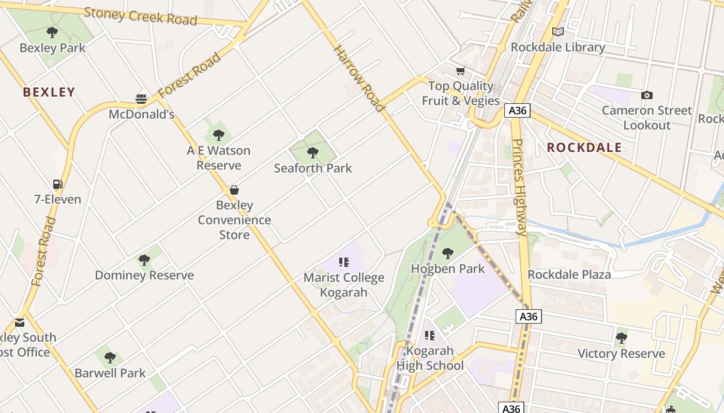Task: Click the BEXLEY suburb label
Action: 49,92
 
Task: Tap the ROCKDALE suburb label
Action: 584,148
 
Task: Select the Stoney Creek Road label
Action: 141,16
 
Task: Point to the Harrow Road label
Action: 359,78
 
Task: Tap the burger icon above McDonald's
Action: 141,99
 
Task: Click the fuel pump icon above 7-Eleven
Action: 57,184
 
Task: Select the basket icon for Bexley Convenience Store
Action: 234,190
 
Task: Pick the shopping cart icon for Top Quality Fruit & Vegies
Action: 460,71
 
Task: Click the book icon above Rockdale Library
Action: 557,32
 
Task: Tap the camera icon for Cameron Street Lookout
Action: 646,95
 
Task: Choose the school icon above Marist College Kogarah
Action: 344,262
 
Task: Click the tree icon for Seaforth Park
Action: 312,152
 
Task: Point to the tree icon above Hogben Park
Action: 448,253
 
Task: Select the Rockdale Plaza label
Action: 569,275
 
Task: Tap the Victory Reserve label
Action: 621,354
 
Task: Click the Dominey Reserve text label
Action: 144,275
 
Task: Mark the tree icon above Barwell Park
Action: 110,357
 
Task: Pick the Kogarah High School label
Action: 430,358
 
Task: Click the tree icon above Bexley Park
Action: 52,33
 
